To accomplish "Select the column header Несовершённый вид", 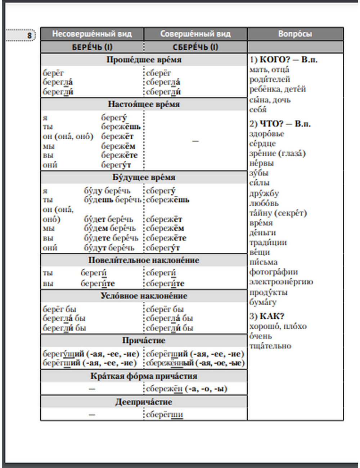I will [92, 34].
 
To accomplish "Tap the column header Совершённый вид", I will [195, 34].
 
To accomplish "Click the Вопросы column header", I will [295, 34].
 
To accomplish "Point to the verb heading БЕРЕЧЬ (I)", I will [92, 47].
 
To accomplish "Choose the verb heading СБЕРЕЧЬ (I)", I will [195, 47].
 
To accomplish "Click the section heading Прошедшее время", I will [144, 60].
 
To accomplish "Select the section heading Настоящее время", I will [144, 104].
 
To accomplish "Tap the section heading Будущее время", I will [144, 177].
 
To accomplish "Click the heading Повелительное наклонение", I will [144, 260].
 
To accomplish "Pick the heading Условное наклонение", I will [144, 296].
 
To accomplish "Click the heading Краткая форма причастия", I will [144, 376].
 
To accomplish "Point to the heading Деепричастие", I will [144, 402].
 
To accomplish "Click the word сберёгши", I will [165, 415].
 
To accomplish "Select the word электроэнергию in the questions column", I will [281, 282].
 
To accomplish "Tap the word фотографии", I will [274, 272].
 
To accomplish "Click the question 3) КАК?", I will [267, 316].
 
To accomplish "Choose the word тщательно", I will [270, 346].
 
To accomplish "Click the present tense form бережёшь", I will [121, 127].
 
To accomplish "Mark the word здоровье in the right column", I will [267, 134].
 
